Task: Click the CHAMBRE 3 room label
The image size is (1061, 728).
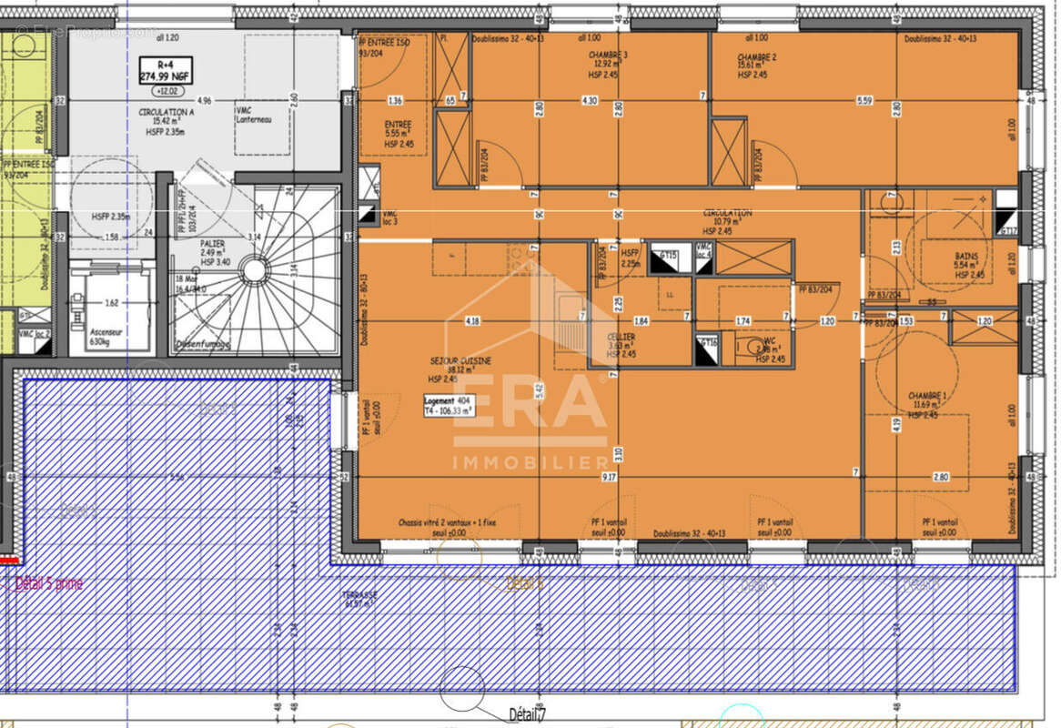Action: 608,55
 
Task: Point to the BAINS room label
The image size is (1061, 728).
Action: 966,257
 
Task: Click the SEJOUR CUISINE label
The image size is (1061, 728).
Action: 460,361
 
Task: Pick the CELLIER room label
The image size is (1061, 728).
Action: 621,337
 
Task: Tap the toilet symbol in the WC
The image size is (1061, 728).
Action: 748,346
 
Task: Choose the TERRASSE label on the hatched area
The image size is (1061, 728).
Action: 359,595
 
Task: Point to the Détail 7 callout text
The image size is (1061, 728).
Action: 528,714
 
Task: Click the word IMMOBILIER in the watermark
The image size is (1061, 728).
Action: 530,462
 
